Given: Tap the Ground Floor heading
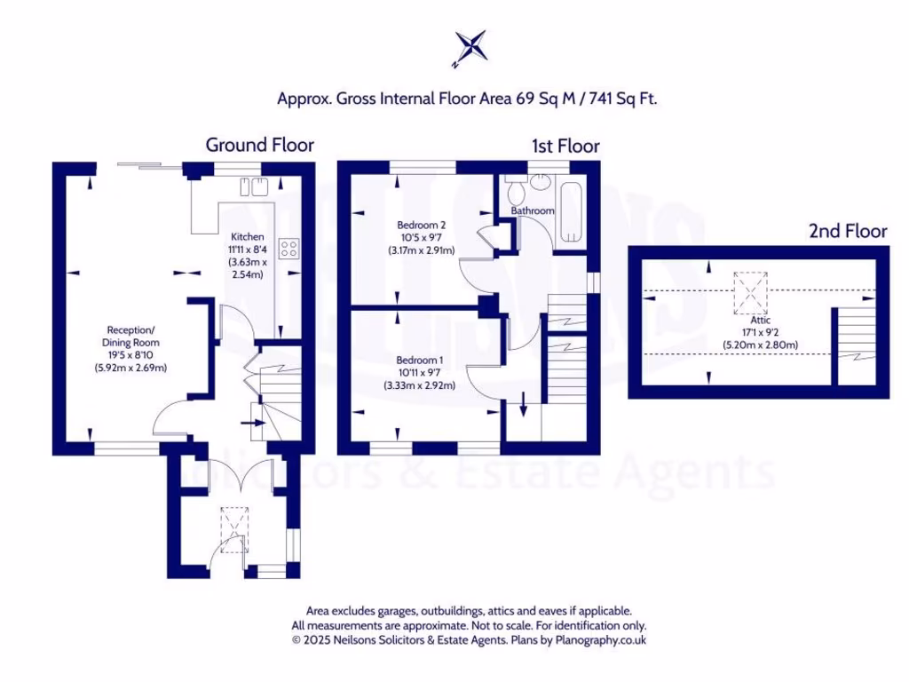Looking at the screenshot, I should click(x=259, y=145).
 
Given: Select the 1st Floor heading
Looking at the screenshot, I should click(x=565, y=146).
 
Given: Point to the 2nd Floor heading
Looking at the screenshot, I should click(x=847, y=231).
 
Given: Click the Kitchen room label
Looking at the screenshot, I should click(x=248, y=237).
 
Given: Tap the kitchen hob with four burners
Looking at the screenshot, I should click(x=289, y=249).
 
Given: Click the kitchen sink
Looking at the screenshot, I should click(x=252, y=186).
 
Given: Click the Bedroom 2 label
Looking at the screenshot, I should click(x=421, y=225).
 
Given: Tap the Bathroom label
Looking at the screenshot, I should click(x=533, y=210).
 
